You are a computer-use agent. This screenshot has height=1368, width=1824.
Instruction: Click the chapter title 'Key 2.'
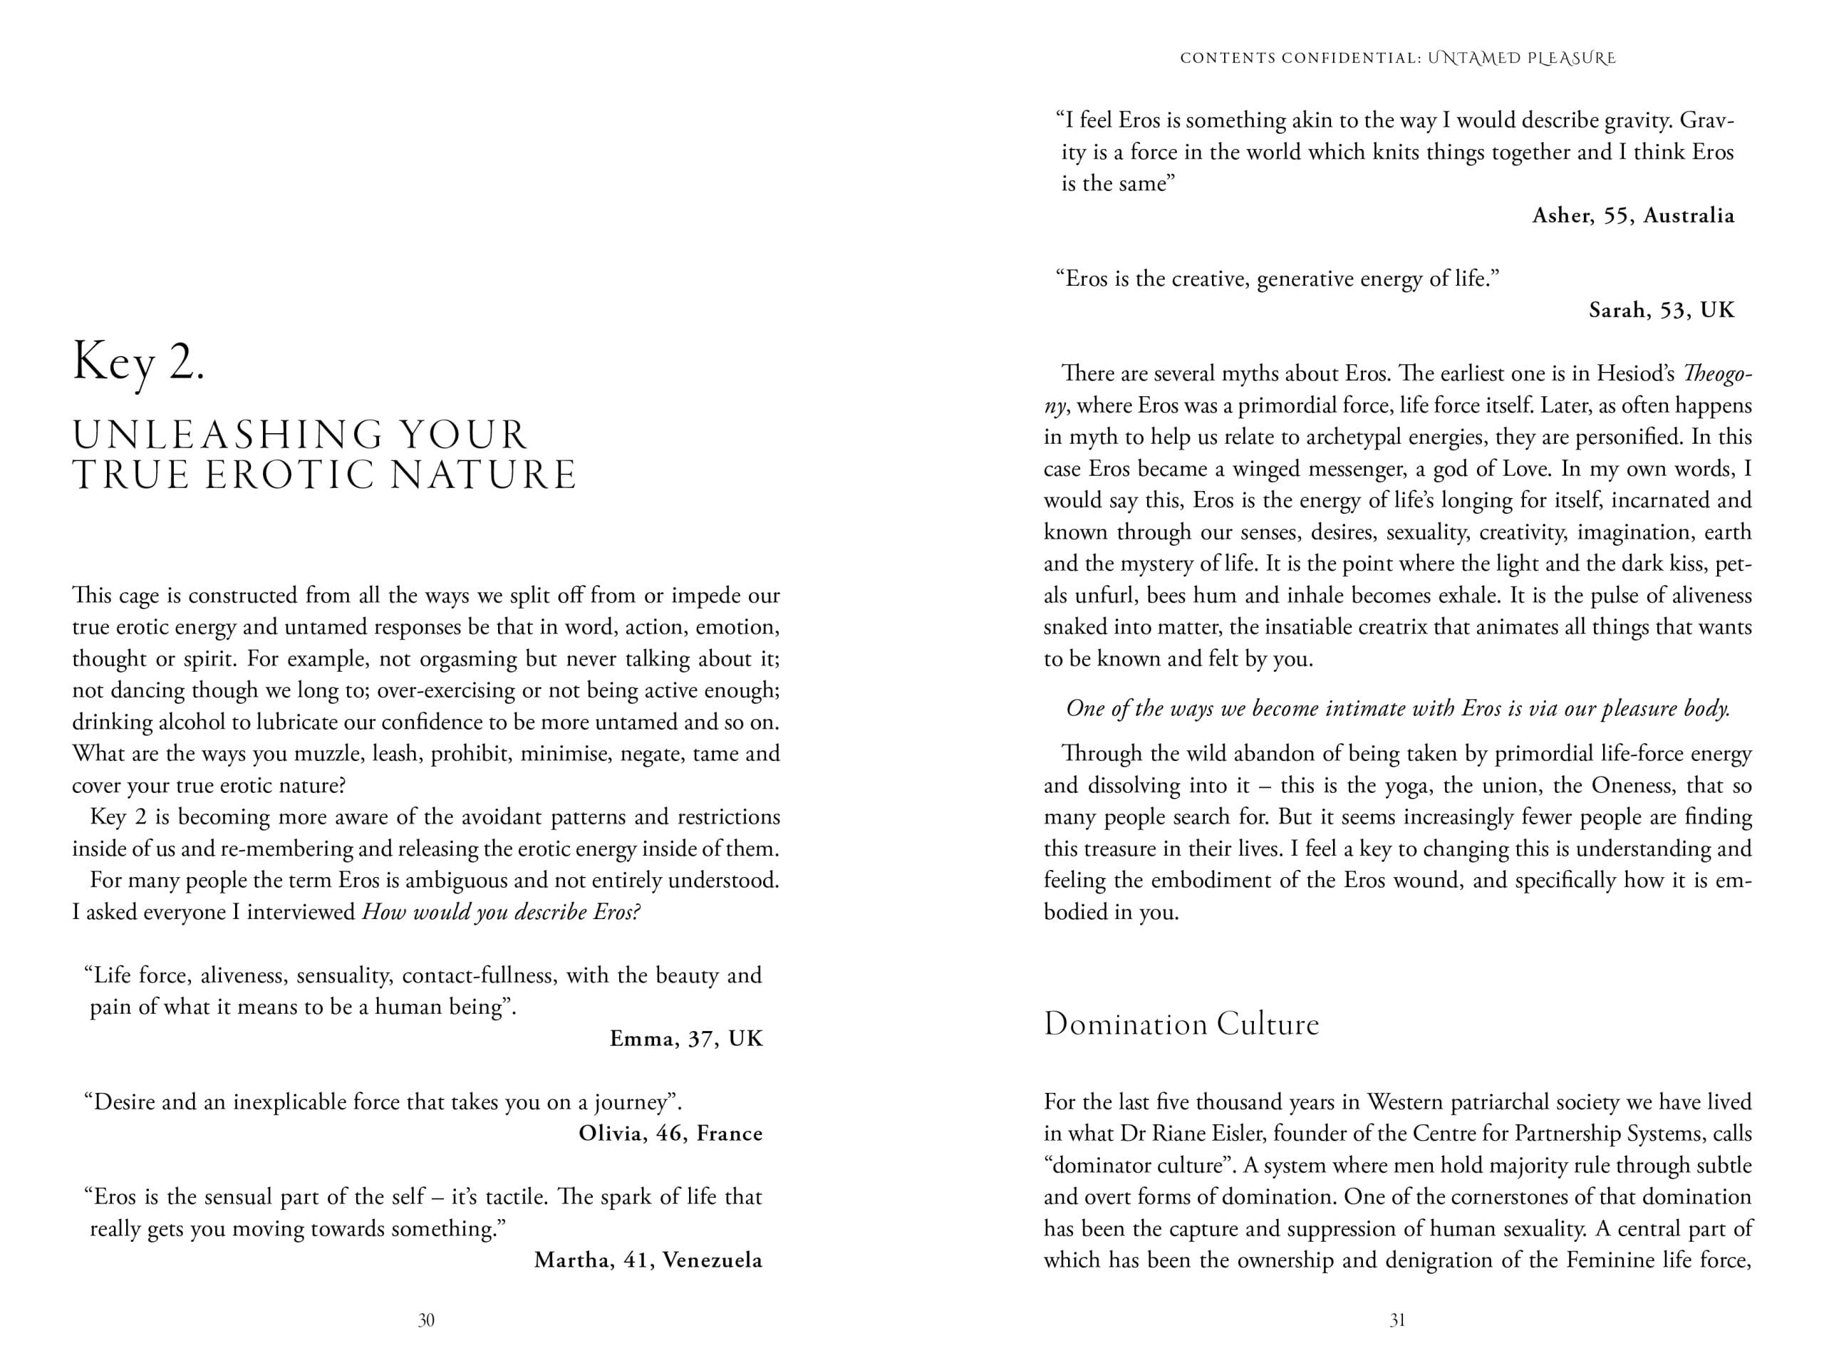tap(138, 363)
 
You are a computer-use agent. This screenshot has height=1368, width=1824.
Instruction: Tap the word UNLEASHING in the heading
tap(227, 435)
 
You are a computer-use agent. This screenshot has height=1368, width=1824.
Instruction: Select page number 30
tap(425, 1320)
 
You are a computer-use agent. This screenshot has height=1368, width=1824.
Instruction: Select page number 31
tap(1397, 1320)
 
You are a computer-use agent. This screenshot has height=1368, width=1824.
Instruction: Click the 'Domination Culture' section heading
tap(1181, 1024)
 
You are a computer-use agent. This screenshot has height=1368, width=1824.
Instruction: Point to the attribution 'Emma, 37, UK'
tap(686, 1038)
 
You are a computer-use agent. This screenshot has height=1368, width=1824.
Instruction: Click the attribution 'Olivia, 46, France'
tap(670, 1133)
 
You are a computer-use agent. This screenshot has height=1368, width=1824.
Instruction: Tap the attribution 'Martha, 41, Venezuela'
tap(648, 1260)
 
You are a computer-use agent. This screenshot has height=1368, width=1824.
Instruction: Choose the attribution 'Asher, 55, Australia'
tap(1633, 215)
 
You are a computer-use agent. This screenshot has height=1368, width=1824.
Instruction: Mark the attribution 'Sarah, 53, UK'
tap(1662, 310)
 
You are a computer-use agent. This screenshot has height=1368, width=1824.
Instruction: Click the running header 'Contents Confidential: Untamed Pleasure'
tap(1398, 58)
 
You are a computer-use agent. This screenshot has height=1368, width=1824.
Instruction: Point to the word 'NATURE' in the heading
tap(482, 475)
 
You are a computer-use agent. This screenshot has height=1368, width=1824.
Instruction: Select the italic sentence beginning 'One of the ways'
tap(1398, 708)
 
